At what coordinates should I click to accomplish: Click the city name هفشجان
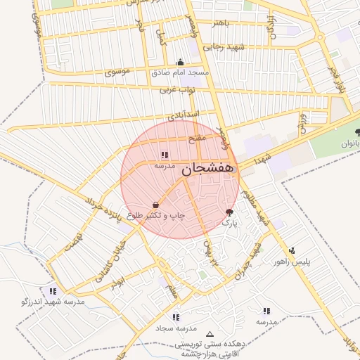210,170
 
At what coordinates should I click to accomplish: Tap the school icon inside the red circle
165,155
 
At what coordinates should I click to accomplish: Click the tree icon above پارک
229,212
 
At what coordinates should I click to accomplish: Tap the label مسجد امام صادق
180,72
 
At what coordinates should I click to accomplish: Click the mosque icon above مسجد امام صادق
181,62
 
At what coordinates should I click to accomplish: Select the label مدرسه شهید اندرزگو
53,302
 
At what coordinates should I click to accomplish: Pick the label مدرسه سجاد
176,328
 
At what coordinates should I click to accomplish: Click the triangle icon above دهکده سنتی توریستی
209,334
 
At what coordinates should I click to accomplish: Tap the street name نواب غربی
172,89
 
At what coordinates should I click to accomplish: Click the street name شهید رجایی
223,46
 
